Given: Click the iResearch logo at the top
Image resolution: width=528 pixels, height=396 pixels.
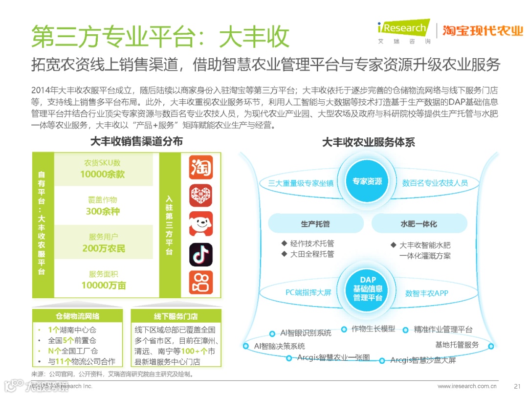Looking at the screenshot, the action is click(x=404, y=31).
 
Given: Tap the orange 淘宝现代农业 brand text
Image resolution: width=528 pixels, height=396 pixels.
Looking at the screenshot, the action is click(x=483, y=30).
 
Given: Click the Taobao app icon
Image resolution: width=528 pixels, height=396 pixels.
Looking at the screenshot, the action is click(x=201, y=167).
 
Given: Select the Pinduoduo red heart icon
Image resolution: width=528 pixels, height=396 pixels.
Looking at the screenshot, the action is click(x=201, y=196).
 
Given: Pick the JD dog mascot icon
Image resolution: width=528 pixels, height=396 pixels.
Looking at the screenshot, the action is click(x=201, y=224).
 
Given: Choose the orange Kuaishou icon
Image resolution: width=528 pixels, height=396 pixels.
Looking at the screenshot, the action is click(x=201, y=283).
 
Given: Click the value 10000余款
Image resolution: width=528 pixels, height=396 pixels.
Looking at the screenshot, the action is click(x=103, y=174).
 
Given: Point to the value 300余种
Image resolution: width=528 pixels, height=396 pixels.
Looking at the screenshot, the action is click(x=103, y=211).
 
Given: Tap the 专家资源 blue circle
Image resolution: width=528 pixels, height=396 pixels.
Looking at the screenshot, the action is click(x=367, y=181).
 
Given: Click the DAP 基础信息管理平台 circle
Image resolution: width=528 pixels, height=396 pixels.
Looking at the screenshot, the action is click(x=368, y=289).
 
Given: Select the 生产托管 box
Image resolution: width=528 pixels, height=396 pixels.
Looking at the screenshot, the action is click(x=315, y=224).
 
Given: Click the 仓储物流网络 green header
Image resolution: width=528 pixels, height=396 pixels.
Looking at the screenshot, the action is click(x=77, y=316).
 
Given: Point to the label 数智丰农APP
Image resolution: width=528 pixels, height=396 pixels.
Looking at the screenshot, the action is click(x=427, y=293).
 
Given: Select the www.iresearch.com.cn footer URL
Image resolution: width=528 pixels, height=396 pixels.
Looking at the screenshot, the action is click(x=467, y=386).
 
